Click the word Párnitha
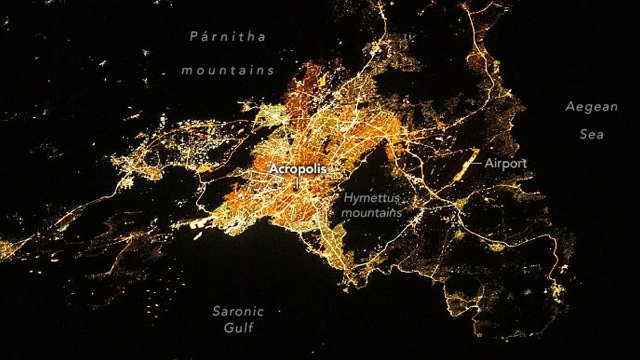pyautogui.click(x=228, y=37)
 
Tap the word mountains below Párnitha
pyautogui.click(x=228, y=70)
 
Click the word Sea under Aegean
pyautogui.click(x=591, y=134)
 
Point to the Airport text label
pyautogui.click(x=505, y=164)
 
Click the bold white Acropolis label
pyautogui.click(x=297, y=169)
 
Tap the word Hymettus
pyautogui.click(x=372, y=198)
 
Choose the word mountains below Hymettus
pyautogui.click(x=371, y=212)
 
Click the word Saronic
pyautogui.click(x=238, y=311)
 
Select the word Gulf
pyautogui.click(x=238, y=327)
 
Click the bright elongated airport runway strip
pyautogui.click(x=466, y=164)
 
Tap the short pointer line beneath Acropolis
pyautogui.click(x=297, y=181)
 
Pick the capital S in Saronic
pyautogui.click(x=217, y=311)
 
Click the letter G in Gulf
pyautogui.click(x=228, y=327)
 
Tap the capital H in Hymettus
pyautogui.click(x=347, y=198)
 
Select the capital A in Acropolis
pyautogui.click(x=273, y=169)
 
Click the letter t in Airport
pyautogui.click(x=524, y=164)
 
